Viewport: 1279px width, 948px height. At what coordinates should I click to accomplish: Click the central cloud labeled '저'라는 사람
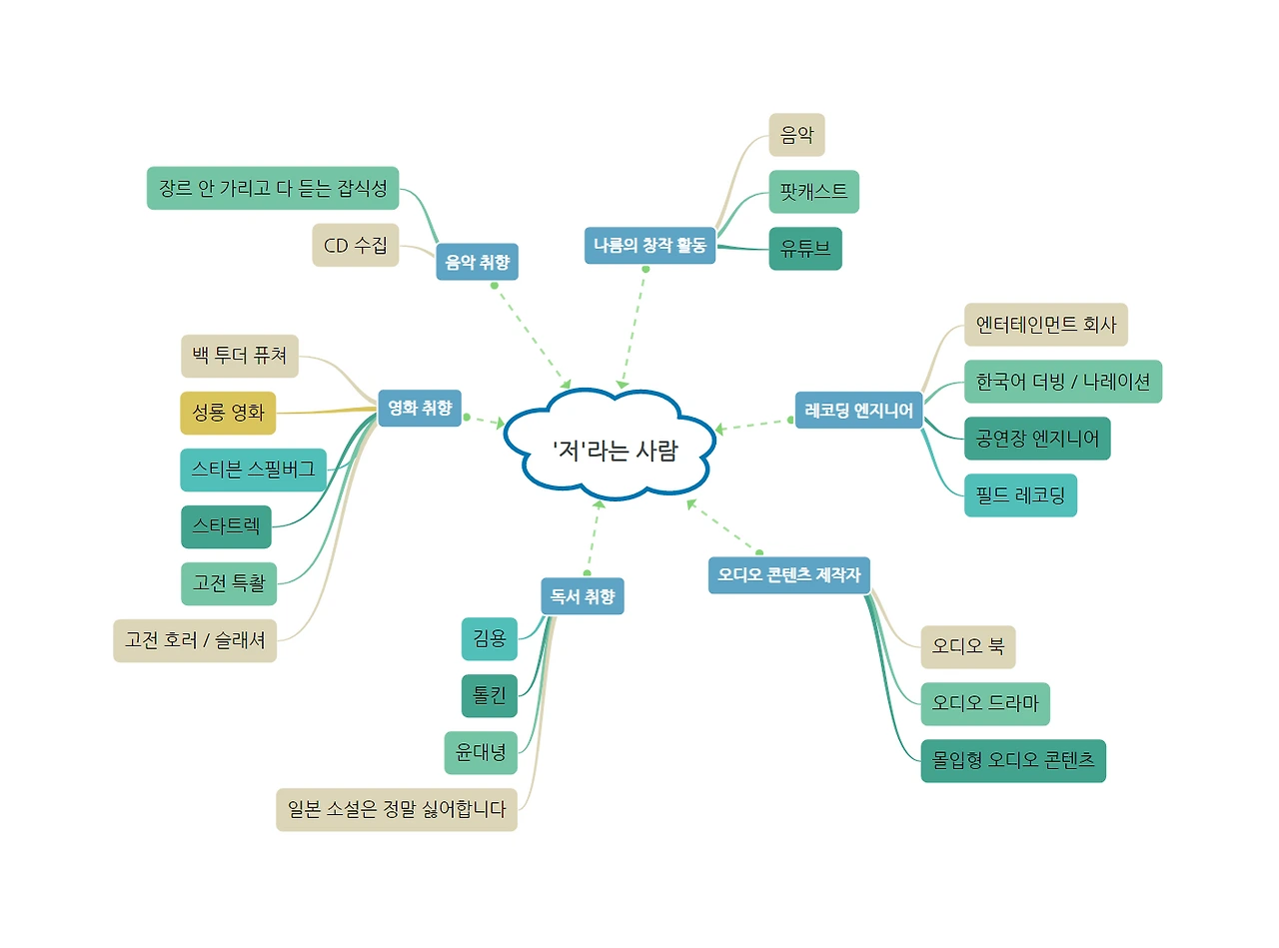click(613, 451)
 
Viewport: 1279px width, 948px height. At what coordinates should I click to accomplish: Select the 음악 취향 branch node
click(477, 263)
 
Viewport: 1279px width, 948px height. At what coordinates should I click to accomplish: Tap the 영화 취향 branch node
click(420, 407)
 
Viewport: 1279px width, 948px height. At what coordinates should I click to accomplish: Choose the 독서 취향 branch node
click(582, 596)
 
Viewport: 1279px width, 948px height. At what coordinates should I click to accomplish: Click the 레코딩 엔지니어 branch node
click(858, 410)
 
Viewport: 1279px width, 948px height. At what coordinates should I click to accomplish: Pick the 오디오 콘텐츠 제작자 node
click(788, 574)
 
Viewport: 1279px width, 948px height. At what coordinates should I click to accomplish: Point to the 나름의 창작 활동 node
click(649, 245)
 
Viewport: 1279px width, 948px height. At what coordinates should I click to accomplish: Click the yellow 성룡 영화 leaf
click(228, 414)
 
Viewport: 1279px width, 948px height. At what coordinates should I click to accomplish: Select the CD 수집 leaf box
click(355, 245)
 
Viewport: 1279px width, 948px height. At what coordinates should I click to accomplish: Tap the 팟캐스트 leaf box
click(813, 192)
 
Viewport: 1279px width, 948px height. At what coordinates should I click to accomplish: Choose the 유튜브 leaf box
click(805, 249)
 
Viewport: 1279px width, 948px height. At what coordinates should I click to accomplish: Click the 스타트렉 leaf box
click(226, 526)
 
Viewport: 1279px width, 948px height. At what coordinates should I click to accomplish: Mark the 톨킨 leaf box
click(489, 695)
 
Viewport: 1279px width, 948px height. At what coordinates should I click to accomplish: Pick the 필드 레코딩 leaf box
click(1020, 495)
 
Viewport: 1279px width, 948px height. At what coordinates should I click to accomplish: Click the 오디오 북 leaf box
click(967, 646)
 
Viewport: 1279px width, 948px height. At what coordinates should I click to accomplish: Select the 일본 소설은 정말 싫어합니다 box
click(396, 809)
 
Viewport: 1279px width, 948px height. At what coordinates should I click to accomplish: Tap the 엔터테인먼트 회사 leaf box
click(1045, 325)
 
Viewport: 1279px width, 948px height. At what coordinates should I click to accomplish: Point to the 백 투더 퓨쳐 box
click(240, 356)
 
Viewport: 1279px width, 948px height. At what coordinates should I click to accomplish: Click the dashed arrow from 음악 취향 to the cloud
click(532, 337)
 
